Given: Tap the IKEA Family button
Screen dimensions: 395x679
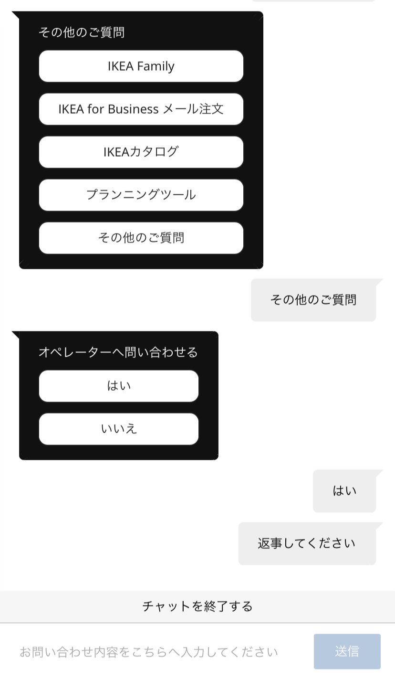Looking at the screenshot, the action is [141, 66].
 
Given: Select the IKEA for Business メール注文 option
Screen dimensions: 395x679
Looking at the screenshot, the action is [141, 109].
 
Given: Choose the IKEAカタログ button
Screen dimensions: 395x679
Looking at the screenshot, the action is [141, 152].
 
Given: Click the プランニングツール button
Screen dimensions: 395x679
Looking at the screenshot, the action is [141, 195].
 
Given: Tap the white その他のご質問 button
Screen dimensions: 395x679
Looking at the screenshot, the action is [141, 238].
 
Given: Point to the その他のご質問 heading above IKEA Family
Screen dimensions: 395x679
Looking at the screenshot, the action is [82, 32].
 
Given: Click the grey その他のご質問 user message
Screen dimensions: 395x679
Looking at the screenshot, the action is [313, 300].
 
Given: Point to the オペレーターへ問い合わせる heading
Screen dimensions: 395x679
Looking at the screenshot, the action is [118, 352].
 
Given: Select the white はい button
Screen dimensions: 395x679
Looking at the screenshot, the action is [118, 386].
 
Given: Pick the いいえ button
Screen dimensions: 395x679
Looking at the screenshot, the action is [118, 429].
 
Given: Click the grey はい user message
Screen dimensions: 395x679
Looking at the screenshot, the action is [344, 491].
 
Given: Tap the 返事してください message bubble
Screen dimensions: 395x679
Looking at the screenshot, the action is [307, 544].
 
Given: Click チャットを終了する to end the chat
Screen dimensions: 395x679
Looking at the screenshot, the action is [197, 606].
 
